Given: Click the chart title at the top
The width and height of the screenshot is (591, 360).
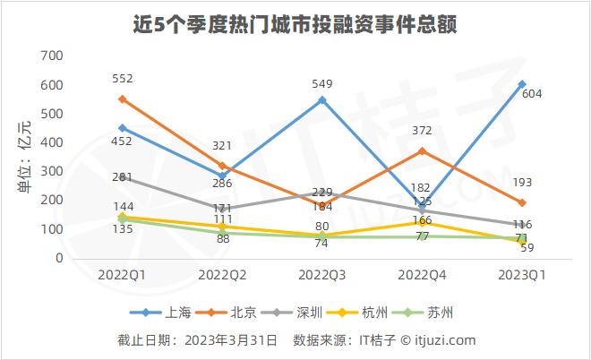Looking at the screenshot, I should (295, 24).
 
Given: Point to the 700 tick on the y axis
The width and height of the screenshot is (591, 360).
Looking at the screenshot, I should (52, 56).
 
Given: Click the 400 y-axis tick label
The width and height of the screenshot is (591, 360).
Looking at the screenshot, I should (52, 142).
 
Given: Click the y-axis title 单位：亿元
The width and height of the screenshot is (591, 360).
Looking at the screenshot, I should (24, 157).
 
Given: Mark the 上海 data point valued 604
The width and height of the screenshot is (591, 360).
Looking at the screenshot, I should (521, 84).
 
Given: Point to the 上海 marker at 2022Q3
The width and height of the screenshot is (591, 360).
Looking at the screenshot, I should (322, 99).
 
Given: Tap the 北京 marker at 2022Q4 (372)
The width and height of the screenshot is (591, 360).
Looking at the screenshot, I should (422, 150).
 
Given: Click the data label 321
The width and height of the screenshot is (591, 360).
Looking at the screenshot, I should (221, 145).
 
